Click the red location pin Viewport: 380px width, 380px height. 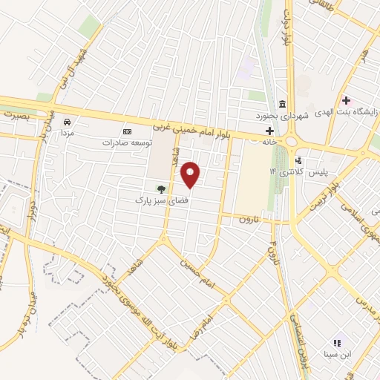[191, 174]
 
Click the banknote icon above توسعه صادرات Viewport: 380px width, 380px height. [127, 131]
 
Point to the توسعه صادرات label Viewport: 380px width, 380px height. [126, 142]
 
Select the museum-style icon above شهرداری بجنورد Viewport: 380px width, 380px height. [281, 104]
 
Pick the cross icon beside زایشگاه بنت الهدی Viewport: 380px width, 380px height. [346, 99]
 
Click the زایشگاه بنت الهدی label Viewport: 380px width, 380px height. [348, 112]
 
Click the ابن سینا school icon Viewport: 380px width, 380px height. [336, 343]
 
